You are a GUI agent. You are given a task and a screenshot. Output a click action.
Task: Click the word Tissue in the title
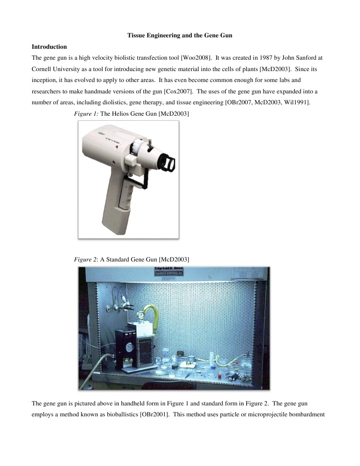135,36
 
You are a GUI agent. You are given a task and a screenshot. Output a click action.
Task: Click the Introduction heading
49,47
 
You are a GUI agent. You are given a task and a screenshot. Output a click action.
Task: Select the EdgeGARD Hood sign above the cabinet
174,273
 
